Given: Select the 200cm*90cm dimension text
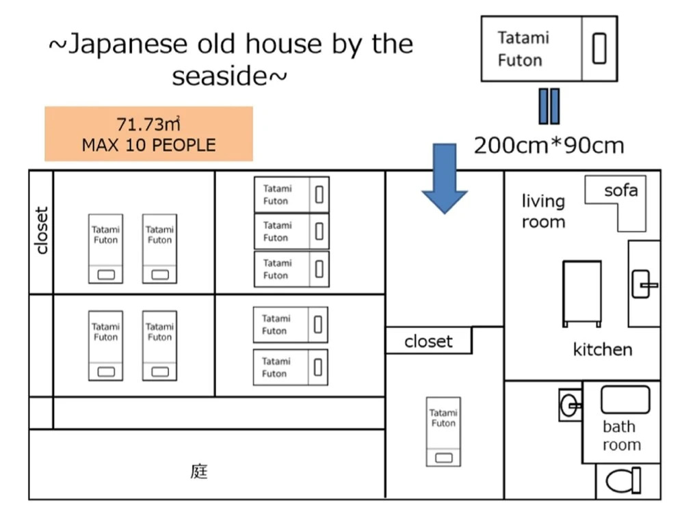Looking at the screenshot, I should tap(549, 145).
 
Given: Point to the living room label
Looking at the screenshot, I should tap(543, 211).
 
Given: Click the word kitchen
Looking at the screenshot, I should tap(602, 350).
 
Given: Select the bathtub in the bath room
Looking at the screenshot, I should tap(625, 399).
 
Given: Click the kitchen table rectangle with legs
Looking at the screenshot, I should tap(582, 293).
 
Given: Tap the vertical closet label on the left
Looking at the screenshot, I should tap(42, 231).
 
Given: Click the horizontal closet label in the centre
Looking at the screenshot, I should tap(428, 341).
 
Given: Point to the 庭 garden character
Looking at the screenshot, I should tap(198, 471).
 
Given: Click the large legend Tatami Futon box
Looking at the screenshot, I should tap(549, 49).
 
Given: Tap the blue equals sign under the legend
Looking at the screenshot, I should tap(549, 106).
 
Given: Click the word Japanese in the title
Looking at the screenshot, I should tap(120, 44).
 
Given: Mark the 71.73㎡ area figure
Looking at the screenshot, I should tap(148, 124).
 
